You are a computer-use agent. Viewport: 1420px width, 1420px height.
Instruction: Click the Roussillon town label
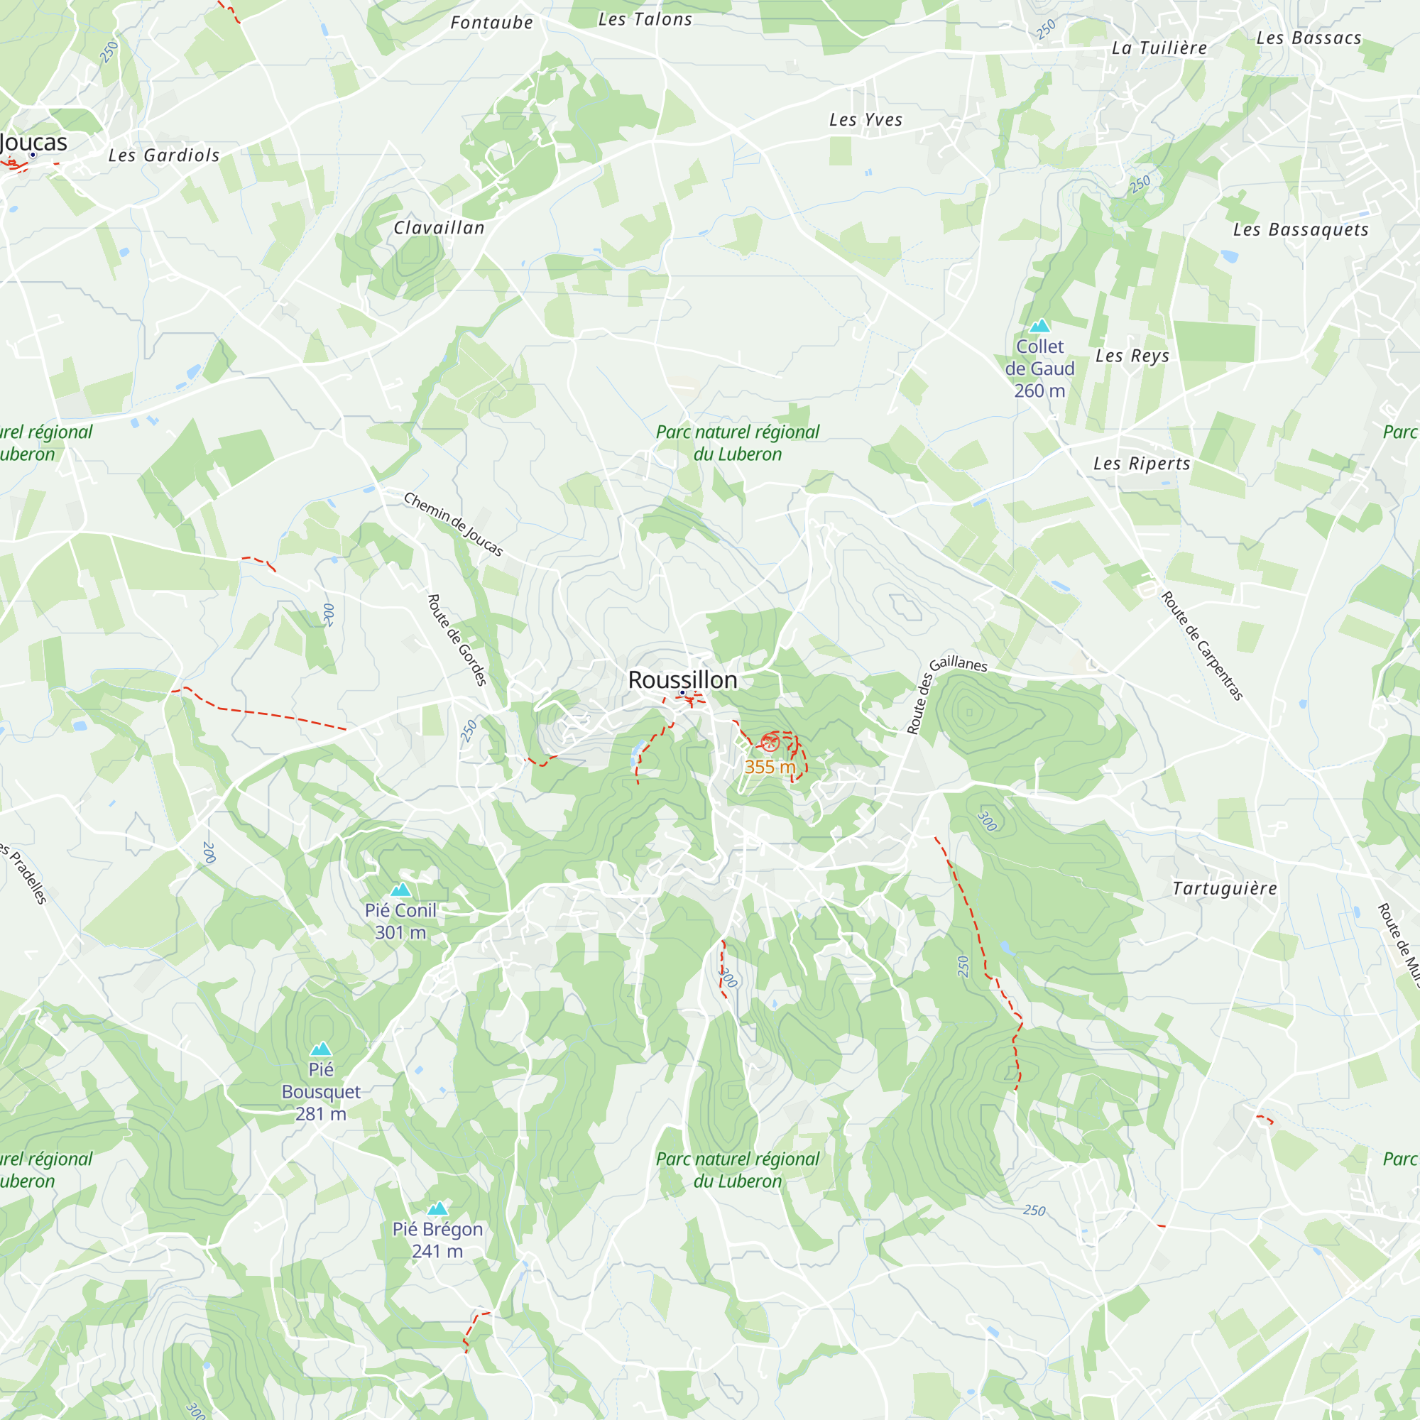(682, 680)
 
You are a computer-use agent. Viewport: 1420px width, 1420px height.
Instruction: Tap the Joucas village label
(35, 142)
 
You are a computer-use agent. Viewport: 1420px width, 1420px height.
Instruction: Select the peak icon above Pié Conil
(400, 890)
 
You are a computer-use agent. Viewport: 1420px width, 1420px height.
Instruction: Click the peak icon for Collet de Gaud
(1039, 326)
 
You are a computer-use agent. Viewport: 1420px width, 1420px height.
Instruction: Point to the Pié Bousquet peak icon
(320, 1049)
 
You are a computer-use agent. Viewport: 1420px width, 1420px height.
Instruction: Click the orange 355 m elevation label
(770, 767)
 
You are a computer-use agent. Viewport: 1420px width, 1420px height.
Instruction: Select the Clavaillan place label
(439, 228)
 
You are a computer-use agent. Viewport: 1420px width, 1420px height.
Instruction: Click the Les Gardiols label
(164, 155)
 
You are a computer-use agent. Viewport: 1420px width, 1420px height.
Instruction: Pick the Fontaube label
(492, 23)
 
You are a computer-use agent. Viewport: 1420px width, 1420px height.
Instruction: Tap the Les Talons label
(645, 20)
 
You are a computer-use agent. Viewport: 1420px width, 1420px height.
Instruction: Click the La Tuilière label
(1159, 48)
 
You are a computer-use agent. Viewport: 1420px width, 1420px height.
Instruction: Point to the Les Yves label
(865, 120)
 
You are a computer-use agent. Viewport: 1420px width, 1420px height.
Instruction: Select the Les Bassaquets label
(1300, 229)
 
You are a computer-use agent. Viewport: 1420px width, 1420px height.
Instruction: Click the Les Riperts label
(1142, 463)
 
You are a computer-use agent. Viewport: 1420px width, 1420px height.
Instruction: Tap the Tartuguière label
(1225, 888)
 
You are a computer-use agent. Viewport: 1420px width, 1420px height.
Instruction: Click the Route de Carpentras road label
(1202, 645)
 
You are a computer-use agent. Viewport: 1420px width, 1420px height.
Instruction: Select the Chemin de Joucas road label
(454, 524)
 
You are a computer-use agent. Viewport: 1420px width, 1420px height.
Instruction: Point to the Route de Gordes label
(457, 640)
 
